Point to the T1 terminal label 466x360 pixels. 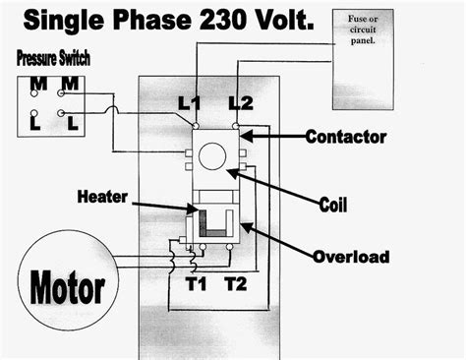197,286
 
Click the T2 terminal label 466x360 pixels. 236,286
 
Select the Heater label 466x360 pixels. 101,197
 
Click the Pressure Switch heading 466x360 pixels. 53,60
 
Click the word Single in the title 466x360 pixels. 45,19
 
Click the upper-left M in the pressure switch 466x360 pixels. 35,85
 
